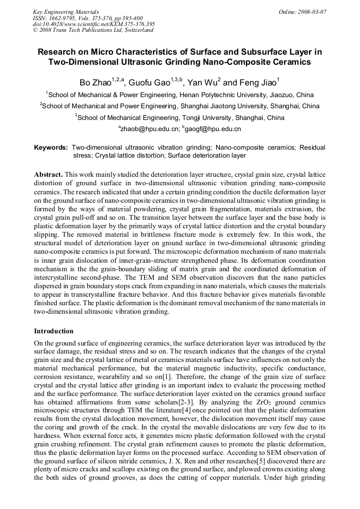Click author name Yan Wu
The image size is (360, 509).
tap(202, 83)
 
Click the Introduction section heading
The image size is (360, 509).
tap(54, 331)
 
